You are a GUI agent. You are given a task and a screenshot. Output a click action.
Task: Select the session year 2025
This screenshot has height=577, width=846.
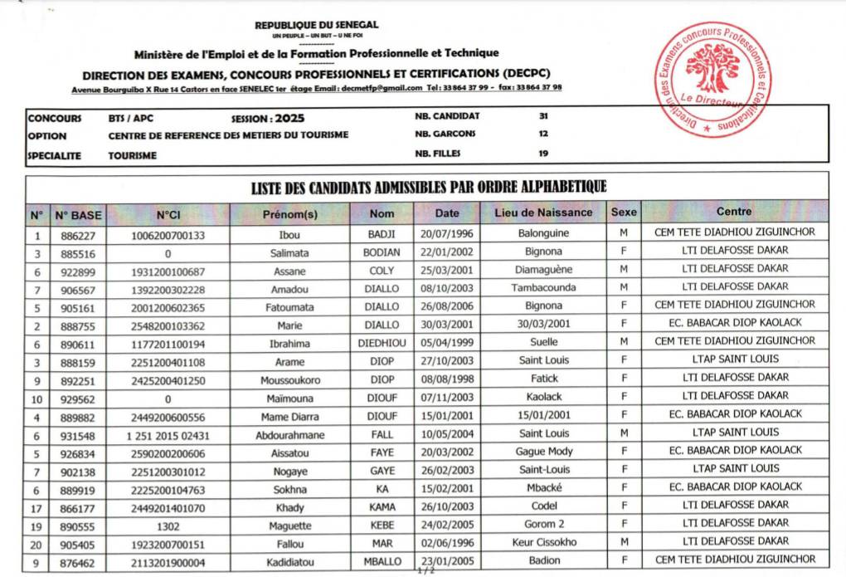pos(288,118)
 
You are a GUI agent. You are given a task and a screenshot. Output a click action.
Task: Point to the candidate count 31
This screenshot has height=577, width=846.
pos(543,117)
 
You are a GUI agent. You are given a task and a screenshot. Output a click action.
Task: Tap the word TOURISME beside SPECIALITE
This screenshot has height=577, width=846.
pos(132,154)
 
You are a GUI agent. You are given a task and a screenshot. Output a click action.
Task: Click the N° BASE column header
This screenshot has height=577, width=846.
pos(79,214)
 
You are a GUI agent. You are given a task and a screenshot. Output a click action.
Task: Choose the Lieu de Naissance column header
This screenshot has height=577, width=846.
pos(543,213)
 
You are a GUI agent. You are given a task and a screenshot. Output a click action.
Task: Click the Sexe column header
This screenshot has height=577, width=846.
pos(624,213)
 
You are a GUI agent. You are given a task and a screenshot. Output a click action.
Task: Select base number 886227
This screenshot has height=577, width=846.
pos(78,234)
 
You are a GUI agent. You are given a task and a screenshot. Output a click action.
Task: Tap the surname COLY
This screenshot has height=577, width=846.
pos(382,271)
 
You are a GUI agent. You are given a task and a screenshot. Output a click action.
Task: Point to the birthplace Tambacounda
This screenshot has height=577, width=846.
pos(543,288)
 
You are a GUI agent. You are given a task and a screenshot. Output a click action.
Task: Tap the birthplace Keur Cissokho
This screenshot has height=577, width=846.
pos(543,543)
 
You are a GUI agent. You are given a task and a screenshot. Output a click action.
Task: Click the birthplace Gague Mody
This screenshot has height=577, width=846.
pos(543,452)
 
